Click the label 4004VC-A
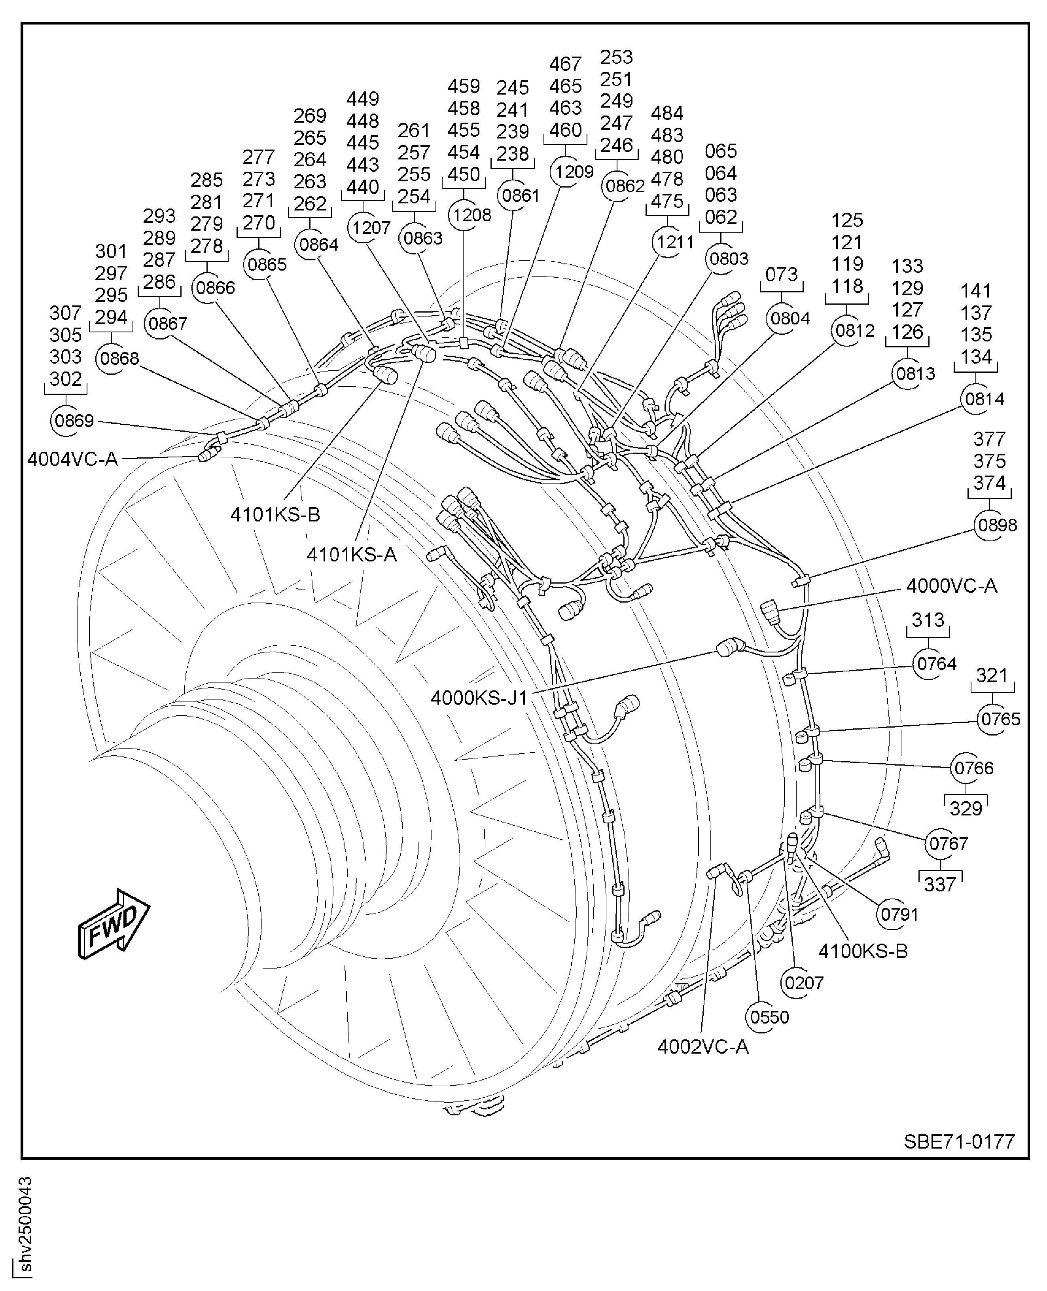pyautogui.click(x=72, y=460)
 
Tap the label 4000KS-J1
pyautogui.click(x=479, y=698)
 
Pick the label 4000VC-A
pyautogui.click(x=951, y=586)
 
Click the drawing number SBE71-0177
pyautogui.click(x=959, y=1141)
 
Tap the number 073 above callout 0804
pyautogui.click(x=781, y=275)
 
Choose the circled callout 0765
pyautogui.click(x=1000, y=719)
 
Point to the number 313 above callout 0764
pyautogui.click(x=928, y=620)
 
